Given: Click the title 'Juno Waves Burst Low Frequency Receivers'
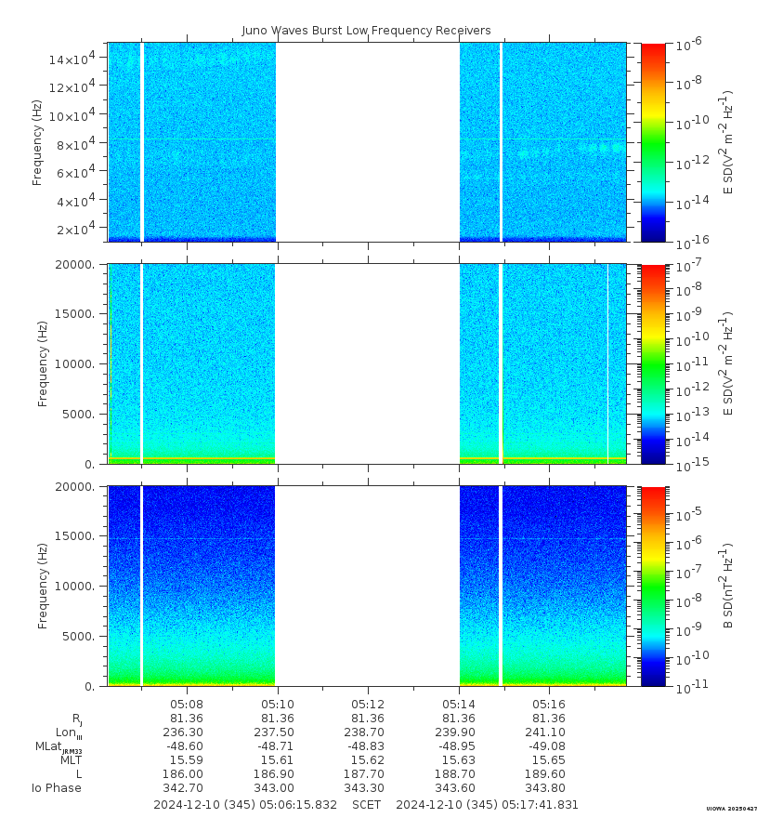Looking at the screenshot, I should coord(366,31).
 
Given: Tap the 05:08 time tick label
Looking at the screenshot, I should coord(187,703).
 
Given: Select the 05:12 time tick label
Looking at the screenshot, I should coord(368,703).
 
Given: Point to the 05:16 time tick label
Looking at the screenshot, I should coord(549,703).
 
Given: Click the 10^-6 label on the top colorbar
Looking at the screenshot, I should coord(688,45).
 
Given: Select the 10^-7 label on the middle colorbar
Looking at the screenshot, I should coord(688,267).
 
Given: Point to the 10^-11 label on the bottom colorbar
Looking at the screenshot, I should coord(688,688).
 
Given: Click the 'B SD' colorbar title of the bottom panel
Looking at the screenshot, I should coord(729,586).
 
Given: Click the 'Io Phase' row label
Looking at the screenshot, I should coord(57,788).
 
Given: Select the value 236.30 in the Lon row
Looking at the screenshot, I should coord(187,732).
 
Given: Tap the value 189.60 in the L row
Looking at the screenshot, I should coord(549,774).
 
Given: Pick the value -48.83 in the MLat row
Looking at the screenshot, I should coord(368,746).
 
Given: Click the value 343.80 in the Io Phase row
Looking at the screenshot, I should coord(549,788).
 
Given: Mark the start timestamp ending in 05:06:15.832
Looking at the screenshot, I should coord(245,804).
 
